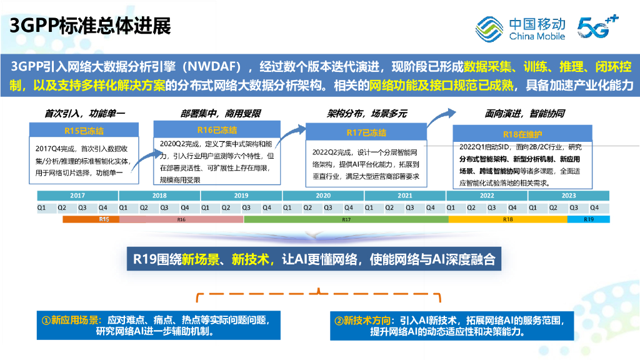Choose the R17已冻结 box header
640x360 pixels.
[366, 132]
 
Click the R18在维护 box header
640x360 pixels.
[522, 134]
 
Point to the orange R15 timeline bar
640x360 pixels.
[91, 219]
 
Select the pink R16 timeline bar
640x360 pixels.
[181, 219]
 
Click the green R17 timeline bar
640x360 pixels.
[346, 219]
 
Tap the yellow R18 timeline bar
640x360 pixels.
[507, 219]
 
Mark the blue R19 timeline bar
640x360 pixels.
[588, 219]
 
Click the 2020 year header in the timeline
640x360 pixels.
[323, 196]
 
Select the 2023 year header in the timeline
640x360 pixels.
[568, 196]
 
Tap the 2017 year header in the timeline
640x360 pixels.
[77, 196]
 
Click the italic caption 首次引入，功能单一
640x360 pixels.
[84, 114]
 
